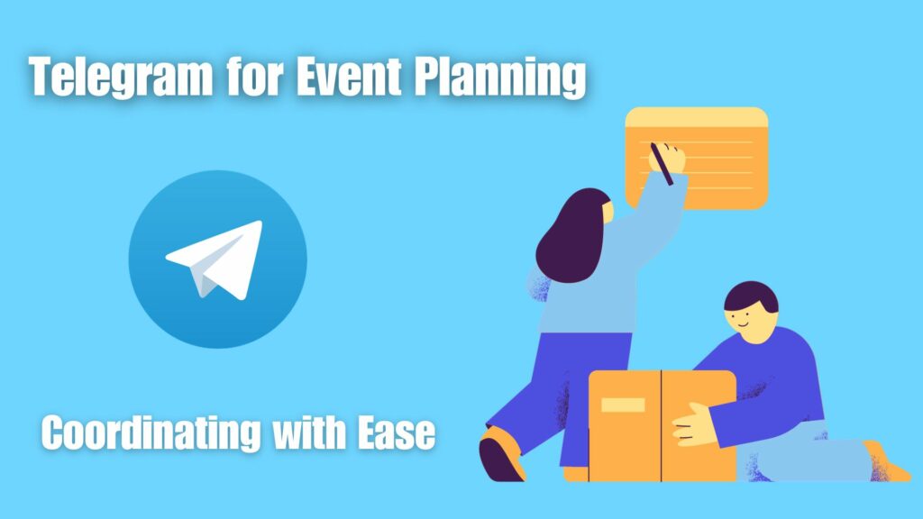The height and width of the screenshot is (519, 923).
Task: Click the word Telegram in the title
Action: (x=121, y=77)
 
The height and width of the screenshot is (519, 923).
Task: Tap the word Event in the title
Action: (x=350, y=76)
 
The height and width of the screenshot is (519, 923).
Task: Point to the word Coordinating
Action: (x=151, y=433)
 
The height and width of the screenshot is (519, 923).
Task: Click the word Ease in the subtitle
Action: (x=397, y=432)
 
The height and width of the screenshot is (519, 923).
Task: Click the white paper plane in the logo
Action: (x=215, y=259)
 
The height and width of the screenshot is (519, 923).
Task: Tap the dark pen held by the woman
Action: (x=662, y=164)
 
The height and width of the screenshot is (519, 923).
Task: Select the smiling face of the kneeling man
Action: (x=749, y=324)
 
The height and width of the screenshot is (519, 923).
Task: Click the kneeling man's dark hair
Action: (x=751, y=297)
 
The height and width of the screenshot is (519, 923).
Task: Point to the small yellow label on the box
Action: (x=623, y=405)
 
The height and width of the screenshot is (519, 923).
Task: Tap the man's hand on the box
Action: (x=695, y=423)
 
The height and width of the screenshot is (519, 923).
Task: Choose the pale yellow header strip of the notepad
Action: (x=697, y=117)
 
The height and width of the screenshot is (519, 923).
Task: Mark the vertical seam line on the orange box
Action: (x=661, y=426)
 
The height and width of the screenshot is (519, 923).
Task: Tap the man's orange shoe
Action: (x=886, y=463)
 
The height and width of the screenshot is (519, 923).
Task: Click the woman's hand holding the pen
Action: (x=667, y=159)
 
